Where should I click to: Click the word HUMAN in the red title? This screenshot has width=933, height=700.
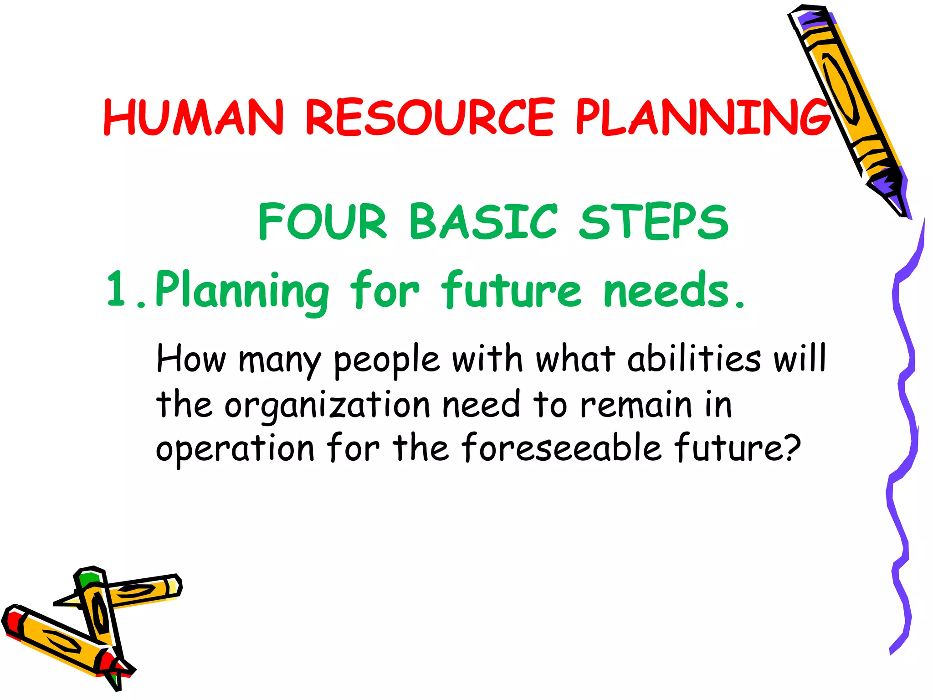194,118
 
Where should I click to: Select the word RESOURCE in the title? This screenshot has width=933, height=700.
430,118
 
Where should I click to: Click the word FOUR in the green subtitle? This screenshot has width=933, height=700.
323,221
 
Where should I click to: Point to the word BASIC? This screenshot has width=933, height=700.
483,221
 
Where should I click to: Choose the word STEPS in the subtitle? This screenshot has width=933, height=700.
654,221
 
